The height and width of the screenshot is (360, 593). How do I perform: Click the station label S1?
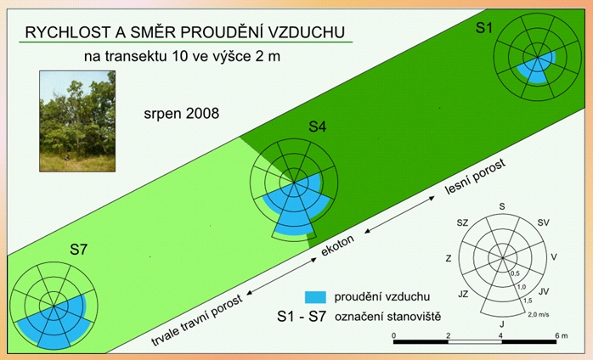click(x=484, y=28)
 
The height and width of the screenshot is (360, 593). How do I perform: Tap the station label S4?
click(x=317, y=127)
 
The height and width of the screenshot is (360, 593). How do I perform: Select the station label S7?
click(x=79, y=250)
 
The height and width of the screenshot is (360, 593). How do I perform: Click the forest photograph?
click(x=77, y=121)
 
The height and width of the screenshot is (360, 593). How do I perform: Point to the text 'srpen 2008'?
click(x=182, y=114)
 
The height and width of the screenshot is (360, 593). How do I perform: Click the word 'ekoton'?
click(x=338, y=245)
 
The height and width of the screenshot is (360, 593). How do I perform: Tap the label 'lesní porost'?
click(x=475, y=177)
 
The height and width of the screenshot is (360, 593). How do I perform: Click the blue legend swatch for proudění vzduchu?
click(x=315, y=297)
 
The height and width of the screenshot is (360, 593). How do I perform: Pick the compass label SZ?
click(x=462, y=222)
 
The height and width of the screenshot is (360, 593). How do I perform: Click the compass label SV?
click(x=543, y=222)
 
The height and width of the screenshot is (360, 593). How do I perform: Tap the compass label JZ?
click(x=463, y=294)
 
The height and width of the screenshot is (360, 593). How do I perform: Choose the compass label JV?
click(x=544, y=291)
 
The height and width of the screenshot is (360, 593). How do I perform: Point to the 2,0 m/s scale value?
click(x=539, y=314)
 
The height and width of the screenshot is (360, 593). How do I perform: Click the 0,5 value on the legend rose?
click(x=515, y=273)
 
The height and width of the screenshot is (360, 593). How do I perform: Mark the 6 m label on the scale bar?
click(x=562, y=335)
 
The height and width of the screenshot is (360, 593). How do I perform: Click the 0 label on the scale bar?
click(x=393, y=335)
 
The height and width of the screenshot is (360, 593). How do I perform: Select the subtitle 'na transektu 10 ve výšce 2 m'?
click(x=182, y=56)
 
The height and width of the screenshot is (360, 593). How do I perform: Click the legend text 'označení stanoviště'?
click(x=387, y=316)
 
